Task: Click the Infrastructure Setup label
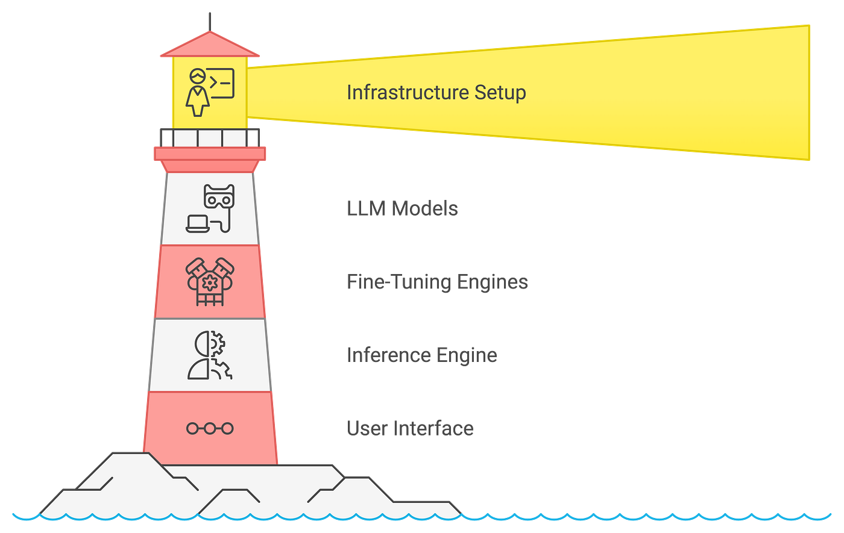[436, 93]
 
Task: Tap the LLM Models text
[402, 208]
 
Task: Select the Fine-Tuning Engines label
[437, 282]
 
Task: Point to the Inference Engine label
[421, 356]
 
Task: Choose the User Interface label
[410, 428]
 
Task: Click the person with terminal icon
[210, 92]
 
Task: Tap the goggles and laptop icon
[210, 208]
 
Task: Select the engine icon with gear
[210, 282]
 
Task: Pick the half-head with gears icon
[210, 355]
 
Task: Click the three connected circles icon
[210, 429]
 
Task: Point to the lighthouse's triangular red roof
[210, 46]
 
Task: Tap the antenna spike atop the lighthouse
[210, 22]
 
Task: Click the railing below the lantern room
[210, 138]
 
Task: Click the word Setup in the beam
[500, 93]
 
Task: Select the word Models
[424, 208]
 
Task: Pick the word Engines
[493, 282]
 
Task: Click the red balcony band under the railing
[210, 154]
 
